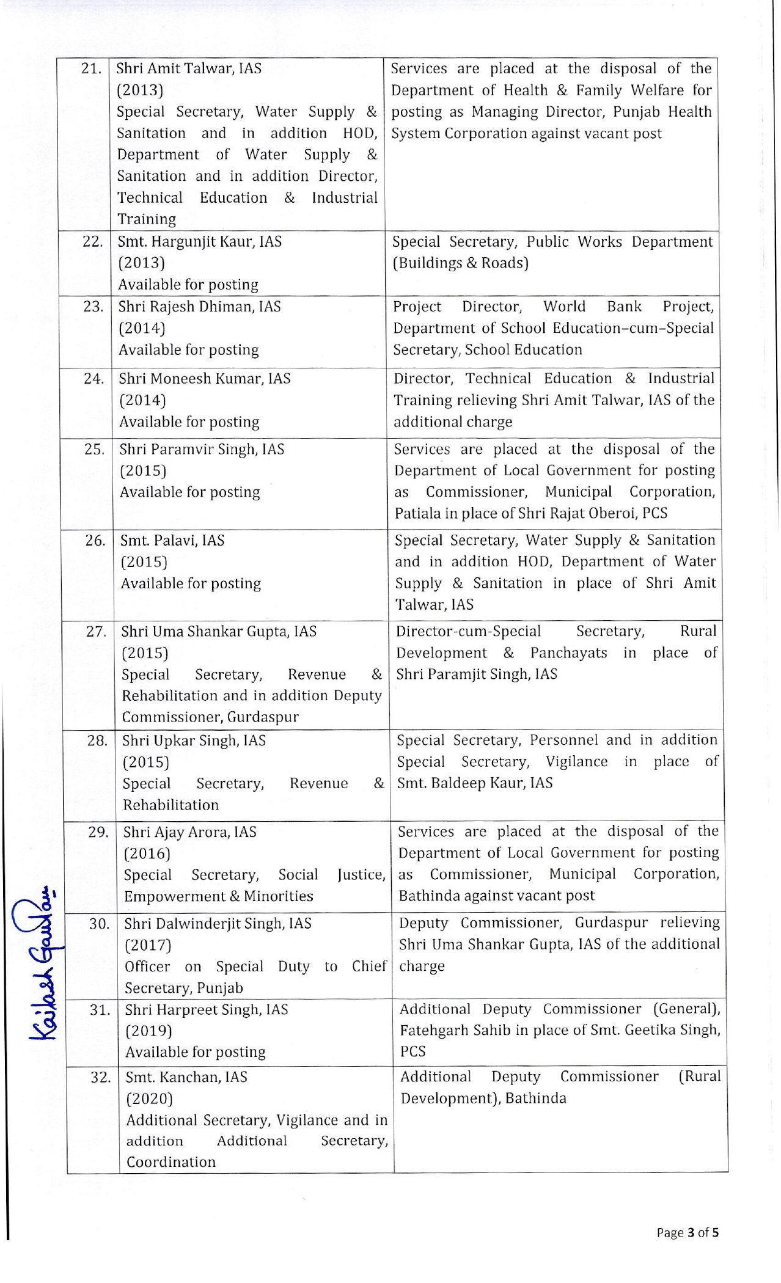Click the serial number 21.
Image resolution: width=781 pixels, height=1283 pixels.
91,68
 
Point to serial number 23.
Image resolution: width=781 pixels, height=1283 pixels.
94,307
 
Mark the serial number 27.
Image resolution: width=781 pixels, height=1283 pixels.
96,632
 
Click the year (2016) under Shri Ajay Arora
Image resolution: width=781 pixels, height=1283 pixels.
147,854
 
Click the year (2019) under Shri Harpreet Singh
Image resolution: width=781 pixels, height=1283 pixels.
148,1031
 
